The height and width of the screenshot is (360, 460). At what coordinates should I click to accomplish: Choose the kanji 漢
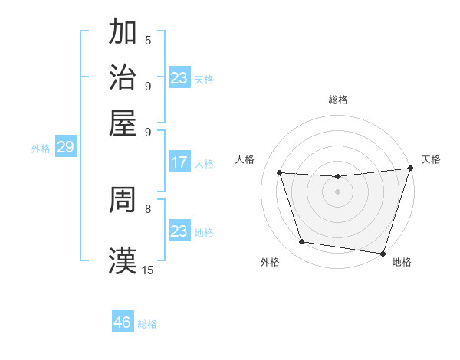[x=123, y=260]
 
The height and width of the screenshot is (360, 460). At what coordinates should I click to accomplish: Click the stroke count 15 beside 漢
[x=148, y=270]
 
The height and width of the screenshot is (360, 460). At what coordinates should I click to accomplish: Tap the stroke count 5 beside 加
[x=148, y=41]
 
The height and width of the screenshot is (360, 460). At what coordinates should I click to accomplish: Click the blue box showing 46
[x=123, y=322]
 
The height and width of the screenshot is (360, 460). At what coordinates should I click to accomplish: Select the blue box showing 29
[x=65, y=147]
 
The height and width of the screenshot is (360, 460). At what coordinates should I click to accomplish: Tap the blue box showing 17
[x=179, y=162]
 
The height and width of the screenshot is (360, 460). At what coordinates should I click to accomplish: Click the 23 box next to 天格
[x=179, y=78]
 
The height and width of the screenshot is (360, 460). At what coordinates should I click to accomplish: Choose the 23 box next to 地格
[x=179, y=231]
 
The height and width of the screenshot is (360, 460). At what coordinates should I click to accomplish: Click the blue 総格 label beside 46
[x=147, y=324]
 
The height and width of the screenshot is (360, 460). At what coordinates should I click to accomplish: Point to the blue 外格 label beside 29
[x=41, y=149]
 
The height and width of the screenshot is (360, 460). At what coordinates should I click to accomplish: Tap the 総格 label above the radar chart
[x=337, y=100]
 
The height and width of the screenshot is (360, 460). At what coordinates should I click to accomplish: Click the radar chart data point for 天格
[x=410, y=169]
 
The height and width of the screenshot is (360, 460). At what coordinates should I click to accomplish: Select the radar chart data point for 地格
[x=383, y=253]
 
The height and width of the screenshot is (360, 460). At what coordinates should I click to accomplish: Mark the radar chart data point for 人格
[x=280, y=173]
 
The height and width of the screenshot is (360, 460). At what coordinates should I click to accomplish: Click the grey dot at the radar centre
[x=337, y=191]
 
